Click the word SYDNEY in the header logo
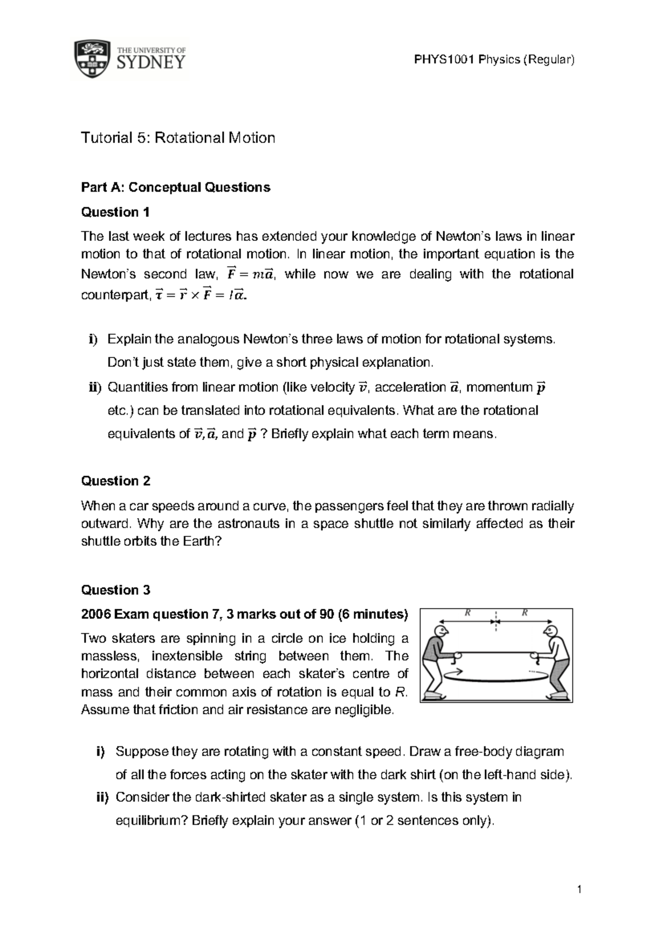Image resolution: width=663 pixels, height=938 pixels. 151,63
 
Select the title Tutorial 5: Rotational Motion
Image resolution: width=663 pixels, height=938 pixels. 178,138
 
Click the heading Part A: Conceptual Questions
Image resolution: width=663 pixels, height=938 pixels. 176,188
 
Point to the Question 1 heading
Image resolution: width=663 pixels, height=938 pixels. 115,212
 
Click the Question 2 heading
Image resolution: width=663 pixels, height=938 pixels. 115,481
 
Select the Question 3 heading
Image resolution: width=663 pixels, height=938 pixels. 115,590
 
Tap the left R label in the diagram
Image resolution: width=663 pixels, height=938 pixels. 468,613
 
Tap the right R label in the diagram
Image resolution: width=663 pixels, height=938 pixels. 524,613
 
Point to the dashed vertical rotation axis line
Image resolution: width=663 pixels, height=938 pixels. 496,621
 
